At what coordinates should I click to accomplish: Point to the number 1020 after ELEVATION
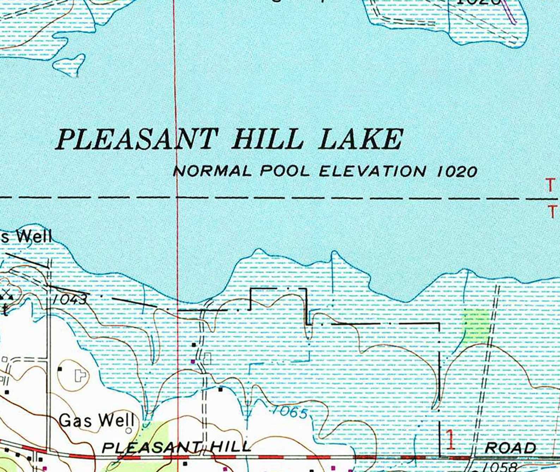click(457, 171)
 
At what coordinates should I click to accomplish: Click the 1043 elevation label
click(70, 300)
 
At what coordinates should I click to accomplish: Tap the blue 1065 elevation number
click(290, 412)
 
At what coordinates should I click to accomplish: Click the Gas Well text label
click(96, 420)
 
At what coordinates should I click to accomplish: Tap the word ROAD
click(510, 448)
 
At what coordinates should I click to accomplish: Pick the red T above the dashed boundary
click(550, 185)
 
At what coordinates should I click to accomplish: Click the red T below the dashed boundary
click(552, 212)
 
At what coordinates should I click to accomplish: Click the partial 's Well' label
click(26, 236)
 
